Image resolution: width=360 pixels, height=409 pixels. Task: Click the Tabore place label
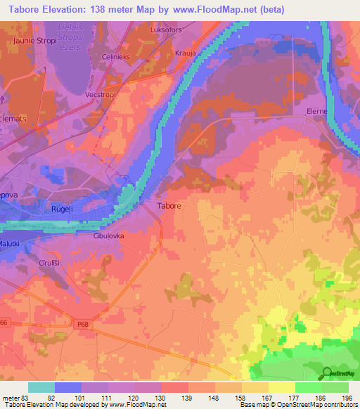[168, 207]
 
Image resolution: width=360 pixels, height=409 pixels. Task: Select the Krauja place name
[185, 53]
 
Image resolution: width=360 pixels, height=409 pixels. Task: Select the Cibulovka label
[108, 236]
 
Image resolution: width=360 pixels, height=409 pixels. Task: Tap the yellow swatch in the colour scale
[282, 387]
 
